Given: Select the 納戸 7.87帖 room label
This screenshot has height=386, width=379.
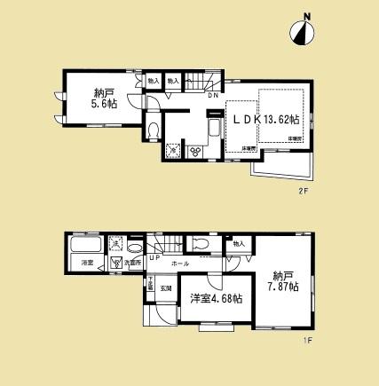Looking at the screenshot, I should [x=286, y=282].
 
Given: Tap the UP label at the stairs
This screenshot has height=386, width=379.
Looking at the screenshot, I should [x=154, y=258].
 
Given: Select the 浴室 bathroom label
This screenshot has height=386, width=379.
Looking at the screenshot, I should [x=87, y=264].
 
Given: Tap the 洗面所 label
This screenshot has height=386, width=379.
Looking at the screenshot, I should [x=131, y=264].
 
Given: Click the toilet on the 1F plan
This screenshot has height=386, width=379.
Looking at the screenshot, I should [x=201, y=244].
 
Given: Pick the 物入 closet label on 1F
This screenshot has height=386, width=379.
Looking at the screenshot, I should [x=237, y=241].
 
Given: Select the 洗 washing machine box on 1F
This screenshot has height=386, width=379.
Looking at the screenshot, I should [x=115, y=243].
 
